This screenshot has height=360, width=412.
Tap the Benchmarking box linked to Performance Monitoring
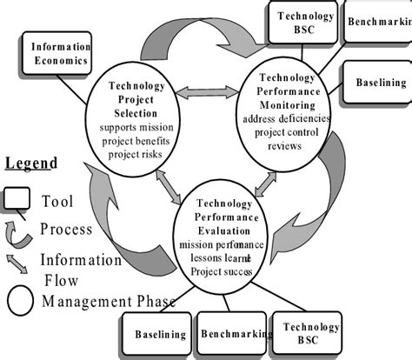tap(375, 19)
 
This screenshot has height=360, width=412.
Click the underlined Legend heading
tap(31, 163)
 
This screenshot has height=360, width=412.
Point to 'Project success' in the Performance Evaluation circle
tap(218, 270)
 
